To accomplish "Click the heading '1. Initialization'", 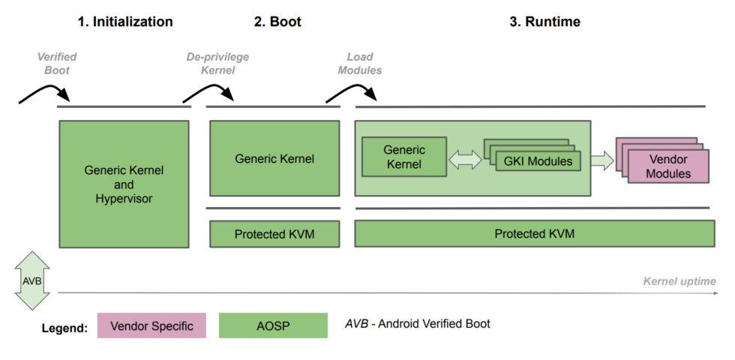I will [x=124, y=22].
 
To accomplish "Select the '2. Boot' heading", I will [x=277, y=22].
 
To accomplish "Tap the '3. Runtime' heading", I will [x=544, y=22].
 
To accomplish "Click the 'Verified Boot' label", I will [x=57, y=64].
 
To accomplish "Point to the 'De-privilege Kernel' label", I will [x=217, y=64].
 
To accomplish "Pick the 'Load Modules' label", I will [x=360, y=64].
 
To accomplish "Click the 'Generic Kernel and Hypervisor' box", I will [x=124, y=184].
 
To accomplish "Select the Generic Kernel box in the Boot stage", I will [x=274, y=158].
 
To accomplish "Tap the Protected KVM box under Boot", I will [x=274, y=234].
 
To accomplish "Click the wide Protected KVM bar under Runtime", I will [x=533, y=234].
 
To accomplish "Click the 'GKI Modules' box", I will [x=538, y=161].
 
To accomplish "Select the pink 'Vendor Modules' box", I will [x=667, y=166].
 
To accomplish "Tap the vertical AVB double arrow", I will [x=31, y=280].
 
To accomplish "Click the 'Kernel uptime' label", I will [x=679, y=281].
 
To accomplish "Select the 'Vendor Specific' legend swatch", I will [x=151, y=325].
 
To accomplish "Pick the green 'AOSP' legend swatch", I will [x=273, y=325].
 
